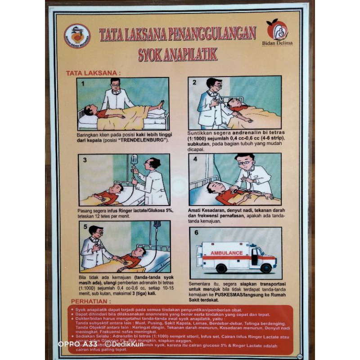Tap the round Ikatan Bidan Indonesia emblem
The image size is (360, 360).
coord(77,36)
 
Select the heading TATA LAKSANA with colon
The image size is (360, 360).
coord(93,72)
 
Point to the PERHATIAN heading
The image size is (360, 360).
coord(90,301)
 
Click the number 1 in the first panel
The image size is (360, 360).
coord(83,83)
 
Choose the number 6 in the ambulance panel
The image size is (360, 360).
coord(196,233)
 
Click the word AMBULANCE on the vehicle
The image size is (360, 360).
coord(226,253)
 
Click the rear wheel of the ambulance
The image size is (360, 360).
coord(221,268)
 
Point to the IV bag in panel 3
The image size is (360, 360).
coord(134,159)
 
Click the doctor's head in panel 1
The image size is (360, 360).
coord(115,84)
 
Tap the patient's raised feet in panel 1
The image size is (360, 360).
coord(160,105)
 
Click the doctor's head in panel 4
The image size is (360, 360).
coord(245,161)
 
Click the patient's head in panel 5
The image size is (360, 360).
coord(136,253)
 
